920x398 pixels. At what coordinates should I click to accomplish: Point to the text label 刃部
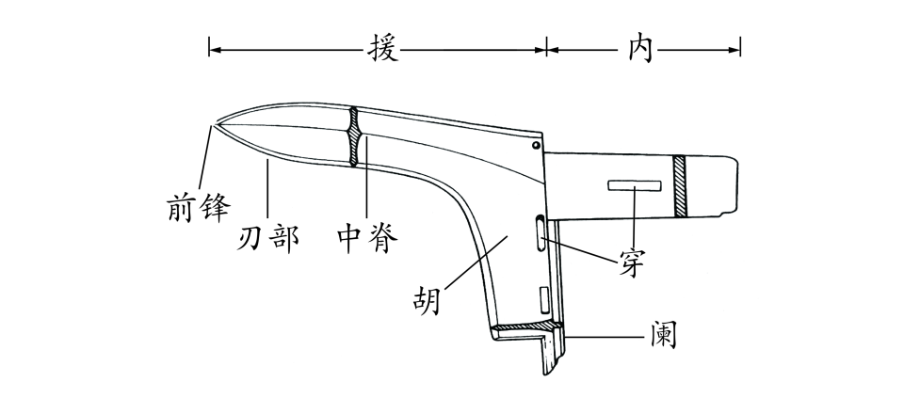[x=267, y=235]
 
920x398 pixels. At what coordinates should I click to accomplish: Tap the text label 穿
[x=632, y=264]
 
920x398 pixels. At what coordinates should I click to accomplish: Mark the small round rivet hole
[x=535, y=146]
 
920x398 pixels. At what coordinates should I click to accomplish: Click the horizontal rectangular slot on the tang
[x=632, y=184]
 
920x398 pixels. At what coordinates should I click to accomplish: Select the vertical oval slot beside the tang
[x=539, y=232]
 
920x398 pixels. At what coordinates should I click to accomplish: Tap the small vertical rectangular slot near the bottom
[x=542, y=299]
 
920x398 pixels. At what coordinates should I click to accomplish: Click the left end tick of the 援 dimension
[x=209, y=47]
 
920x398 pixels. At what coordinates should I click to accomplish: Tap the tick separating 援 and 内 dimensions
[x=546, y=47]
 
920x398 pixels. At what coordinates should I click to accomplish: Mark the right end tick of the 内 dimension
[x=740, y=47]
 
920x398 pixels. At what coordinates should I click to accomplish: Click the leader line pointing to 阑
[x=603, y=334]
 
